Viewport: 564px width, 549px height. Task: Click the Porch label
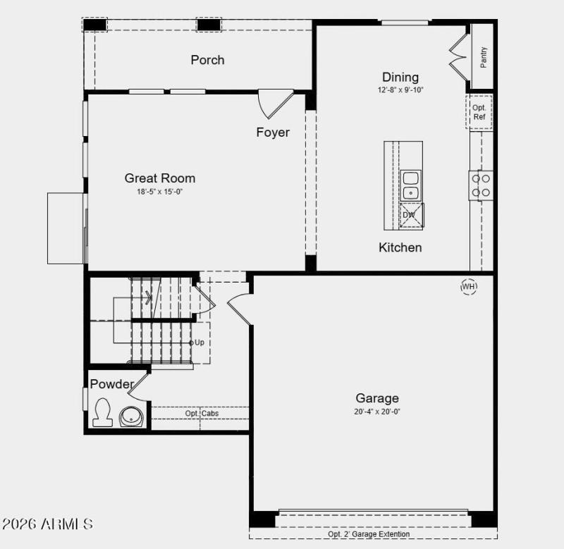(207, 60)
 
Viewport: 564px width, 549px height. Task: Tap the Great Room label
(160, 178)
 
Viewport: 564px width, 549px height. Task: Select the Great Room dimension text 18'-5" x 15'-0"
(160, 192)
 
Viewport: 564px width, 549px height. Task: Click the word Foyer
(273, 132)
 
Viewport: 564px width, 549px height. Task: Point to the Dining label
(400, 78)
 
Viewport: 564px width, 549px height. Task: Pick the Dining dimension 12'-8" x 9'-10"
(400, 90)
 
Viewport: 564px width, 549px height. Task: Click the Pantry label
(484, 57)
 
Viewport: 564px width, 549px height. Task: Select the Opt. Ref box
(479, 112)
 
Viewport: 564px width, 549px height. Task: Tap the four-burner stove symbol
(482, 185)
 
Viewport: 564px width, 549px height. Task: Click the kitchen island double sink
(410, 185)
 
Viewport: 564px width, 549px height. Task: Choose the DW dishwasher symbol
(410, 216)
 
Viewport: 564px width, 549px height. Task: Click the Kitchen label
(400, 247)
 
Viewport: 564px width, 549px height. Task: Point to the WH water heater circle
(469, 287)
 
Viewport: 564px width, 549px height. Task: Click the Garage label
(377, 398)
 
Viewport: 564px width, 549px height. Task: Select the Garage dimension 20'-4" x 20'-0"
(377, 412)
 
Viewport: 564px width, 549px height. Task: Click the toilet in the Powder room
(103, 412)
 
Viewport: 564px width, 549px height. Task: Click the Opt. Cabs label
(202, 414)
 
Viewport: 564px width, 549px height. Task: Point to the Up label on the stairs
(200, 343)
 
